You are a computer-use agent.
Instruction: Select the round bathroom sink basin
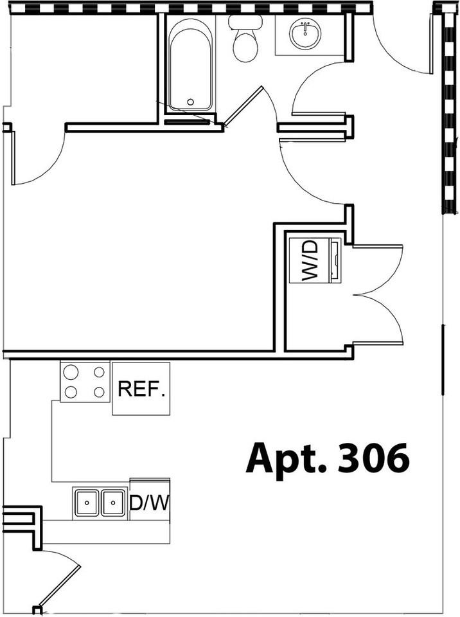305,34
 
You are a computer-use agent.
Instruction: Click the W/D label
310,260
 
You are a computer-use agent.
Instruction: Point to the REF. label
141,389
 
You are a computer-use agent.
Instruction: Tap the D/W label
149,503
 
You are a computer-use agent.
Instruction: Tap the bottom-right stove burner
99,391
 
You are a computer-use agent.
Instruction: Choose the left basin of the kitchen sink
87,501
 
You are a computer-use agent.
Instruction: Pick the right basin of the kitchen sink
113,501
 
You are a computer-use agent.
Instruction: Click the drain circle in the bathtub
190,102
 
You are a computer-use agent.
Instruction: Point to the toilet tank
245,22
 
